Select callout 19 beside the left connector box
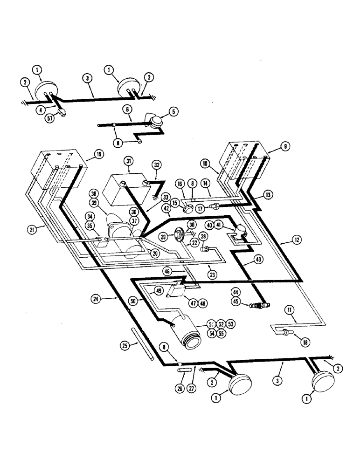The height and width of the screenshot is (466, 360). tap(98, 153)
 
